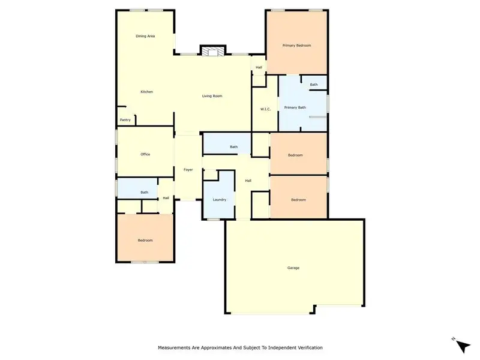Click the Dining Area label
(145, 37)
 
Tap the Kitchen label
(147, 92)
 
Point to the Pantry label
(125, 120)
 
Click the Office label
(145, 154)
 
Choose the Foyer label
(188, 170)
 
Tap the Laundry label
(219, 199)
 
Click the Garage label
(293, 268)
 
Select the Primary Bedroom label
(297, 46)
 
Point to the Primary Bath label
(295, 107)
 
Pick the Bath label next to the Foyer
(233, 147)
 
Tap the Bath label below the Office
(145, 192)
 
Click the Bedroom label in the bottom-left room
(145, 241)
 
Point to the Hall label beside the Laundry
(248, 181)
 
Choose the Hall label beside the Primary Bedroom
(259, 67)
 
